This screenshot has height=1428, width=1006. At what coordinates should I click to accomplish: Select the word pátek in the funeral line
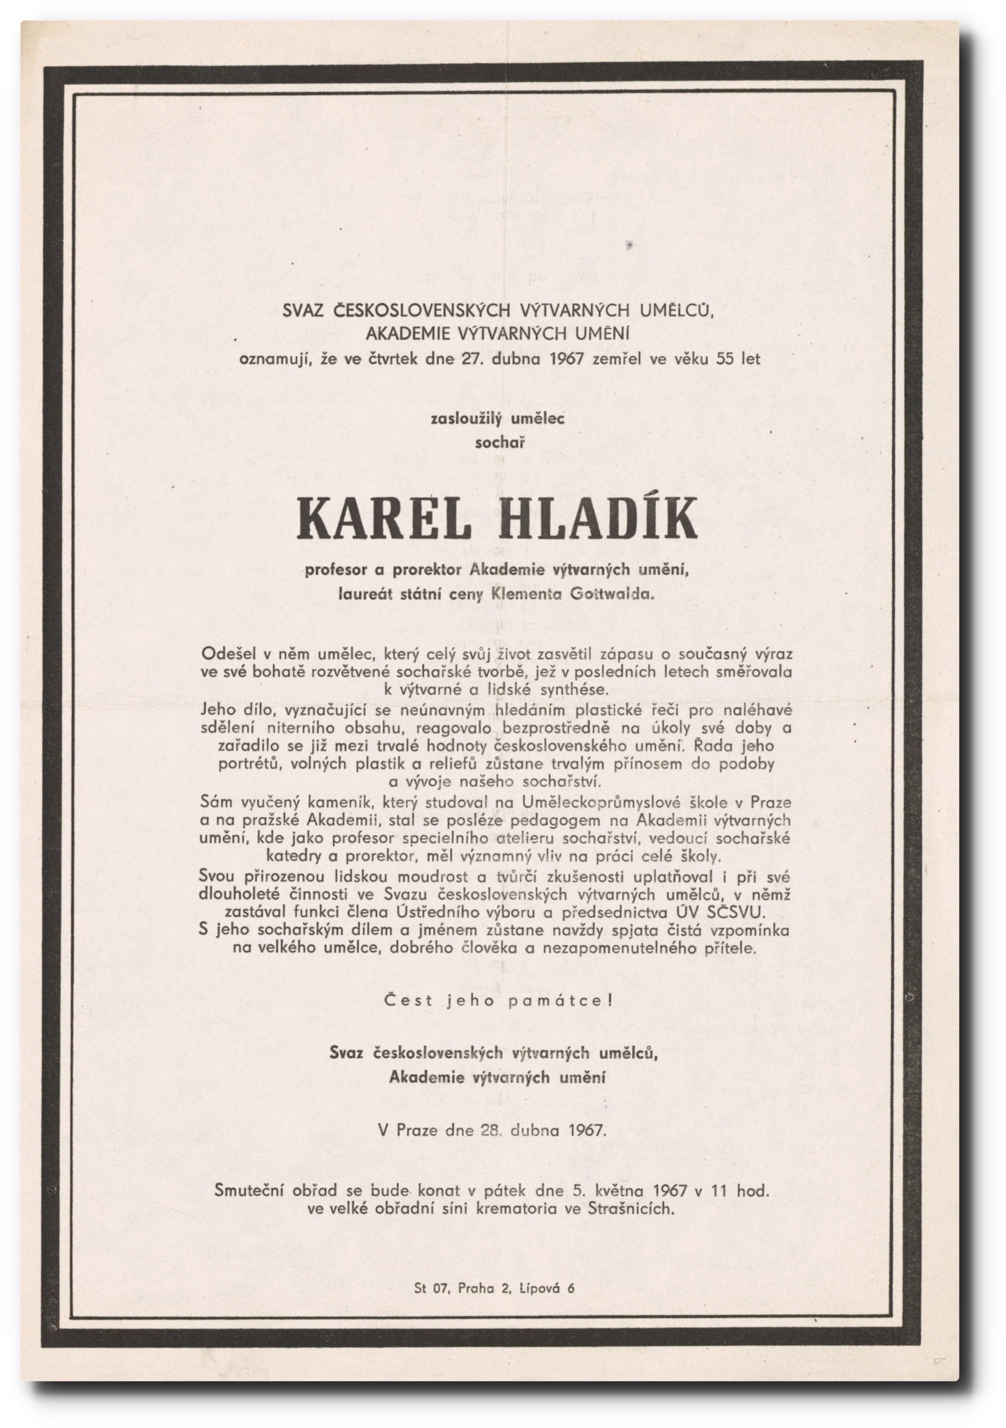[505, 1190]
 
